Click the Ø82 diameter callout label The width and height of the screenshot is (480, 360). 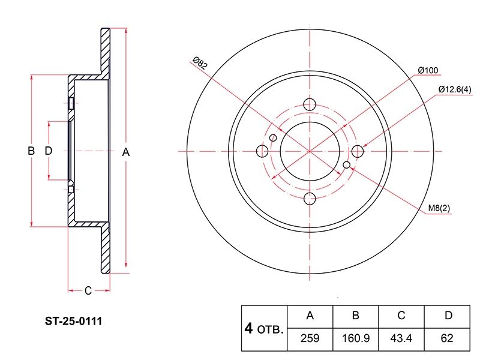point(200,63)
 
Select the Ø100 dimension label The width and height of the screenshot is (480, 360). point(428,70)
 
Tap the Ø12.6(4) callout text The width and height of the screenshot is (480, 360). point(455,89)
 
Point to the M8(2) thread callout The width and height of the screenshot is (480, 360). point(439,208)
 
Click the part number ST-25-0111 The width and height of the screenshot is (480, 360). point(73,321)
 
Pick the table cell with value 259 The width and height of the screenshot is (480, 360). point(310,338)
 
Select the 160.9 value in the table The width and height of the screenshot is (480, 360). point(356,338)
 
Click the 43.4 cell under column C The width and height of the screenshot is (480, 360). point(401,338)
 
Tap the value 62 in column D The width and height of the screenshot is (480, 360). point(447,338)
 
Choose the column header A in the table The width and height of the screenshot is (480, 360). point(310,316)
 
